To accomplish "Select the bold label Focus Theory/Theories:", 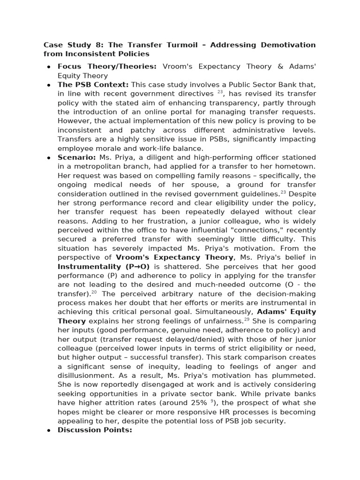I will (x=107, y=67).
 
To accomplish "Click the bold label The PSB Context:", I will (x=93, y=85).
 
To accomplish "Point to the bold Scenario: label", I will (x=77, y=157).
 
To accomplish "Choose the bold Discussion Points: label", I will (x=95, y=430).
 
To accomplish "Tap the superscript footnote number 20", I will (x=94, y=292).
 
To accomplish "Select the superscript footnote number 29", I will (x=247, y=319).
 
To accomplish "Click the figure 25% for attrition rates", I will (x=197, y=403).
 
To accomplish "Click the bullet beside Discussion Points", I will (x=49, y=430).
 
